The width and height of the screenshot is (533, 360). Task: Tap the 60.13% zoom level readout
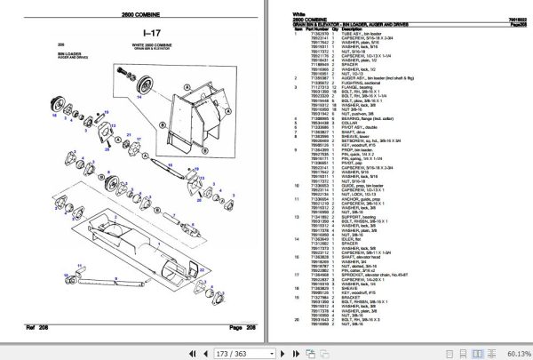tap(513, 353)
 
